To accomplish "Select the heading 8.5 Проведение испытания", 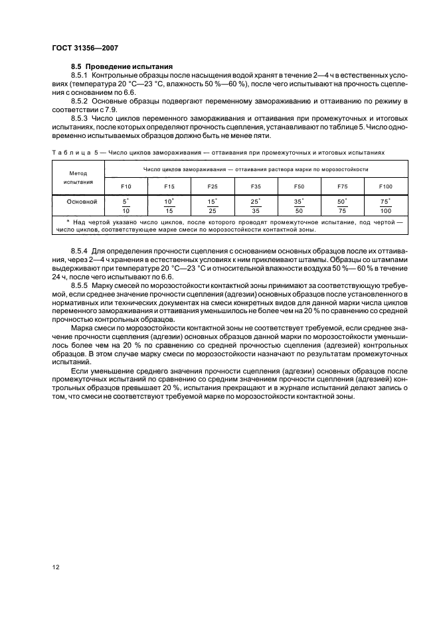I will pyautogui.click(x=122, y=68).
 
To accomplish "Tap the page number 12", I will pyautogui.click(x=57, y=566).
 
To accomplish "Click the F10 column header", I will pyautogui.click(x=127, y=186).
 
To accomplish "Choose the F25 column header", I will pyautogui.click(x=212, y=186).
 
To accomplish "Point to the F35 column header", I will pyautogui.click(x=255, y=186).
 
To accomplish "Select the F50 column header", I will pyautogui.click(x=299, y=186).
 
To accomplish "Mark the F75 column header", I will pyautogui.click(x=342, y=186).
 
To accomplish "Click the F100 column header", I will pyautogui.click(x=386, y=186).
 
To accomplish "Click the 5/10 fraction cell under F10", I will pyautogui.click(x=127, y=205).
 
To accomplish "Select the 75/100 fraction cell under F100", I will pyautogui.click(x=386, y=205).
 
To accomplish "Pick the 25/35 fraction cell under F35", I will pyautogui.click(x=255, y=205).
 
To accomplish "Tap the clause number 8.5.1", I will pyautogui.click(x=80, y=76).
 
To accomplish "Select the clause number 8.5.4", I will pyautogui.click(x=80, y=249).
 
